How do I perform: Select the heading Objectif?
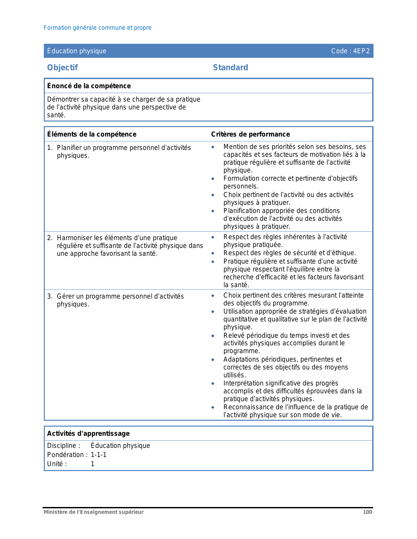point(62,68)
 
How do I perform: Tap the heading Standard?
point(230,68)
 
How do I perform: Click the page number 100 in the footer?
point(367,512)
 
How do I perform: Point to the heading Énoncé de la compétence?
point(89,86)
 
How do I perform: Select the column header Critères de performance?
point(250,134)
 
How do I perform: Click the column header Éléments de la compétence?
point(92,134)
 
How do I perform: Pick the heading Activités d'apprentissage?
point(88,433)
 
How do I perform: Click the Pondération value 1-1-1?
point(98,455)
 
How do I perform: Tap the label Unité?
point(57,464)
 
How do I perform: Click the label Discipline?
point(63,446)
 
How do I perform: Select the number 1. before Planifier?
point(50,148)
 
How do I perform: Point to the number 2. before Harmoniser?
point(50,238)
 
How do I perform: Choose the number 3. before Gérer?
point(50,297)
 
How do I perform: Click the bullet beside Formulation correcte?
point(213,179)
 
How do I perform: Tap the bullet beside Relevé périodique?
point(213,336)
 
